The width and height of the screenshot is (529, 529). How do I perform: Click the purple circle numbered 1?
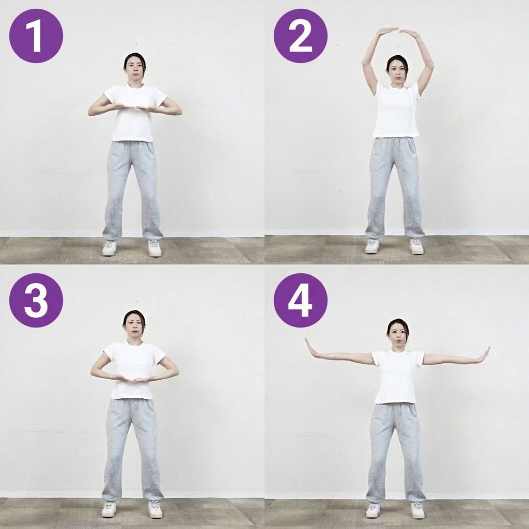click(36, 36)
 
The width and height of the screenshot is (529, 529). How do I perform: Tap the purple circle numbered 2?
click(301, 36)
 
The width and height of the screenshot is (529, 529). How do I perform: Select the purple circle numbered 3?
click(36, 300)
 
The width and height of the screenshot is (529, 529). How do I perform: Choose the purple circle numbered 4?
click(301, 300)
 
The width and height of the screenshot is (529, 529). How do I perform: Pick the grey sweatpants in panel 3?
click(133, 449)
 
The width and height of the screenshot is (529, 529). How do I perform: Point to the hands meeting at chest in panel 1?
click(135, 107)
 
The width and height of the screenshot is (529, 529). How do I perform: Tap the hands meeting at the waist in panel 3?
click(135, 379)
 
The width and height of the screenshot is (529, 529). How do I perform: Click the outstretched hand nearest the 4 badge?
click(312, 348)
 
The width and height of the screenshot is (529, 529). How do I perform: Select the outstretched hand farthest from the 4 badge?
click(484, 355)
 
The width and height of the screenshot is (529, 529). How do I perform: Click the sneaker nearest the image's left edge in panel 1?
click(110, 248)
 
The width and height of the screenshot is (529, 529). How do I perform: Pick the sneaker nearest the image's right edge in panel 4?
click(417, 510)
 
